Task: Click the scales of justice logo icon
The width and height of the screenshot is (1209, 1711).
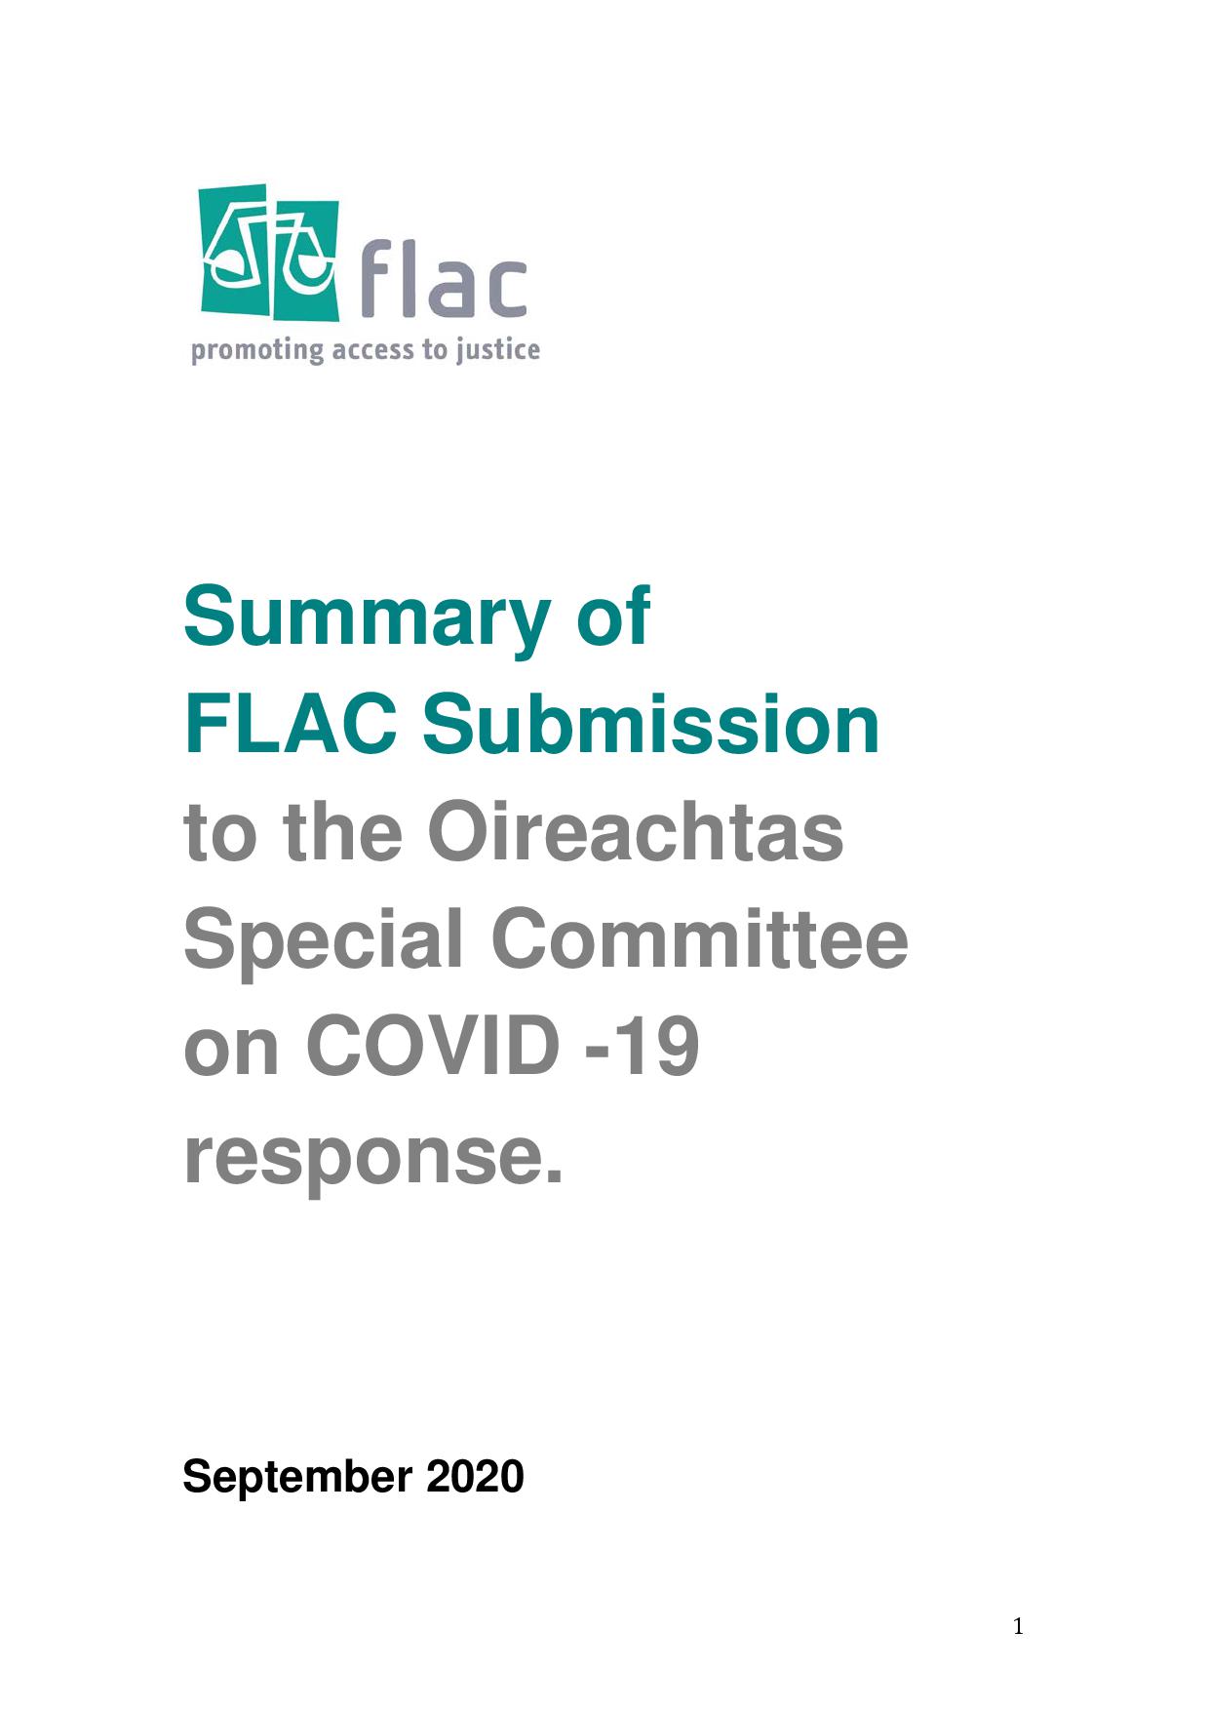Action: [x=269, y=253]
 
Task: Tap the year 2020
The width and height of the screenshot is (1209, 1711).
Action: [x=475, y=1477]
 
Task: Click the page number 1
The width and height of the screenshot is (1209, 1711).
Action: [x=1018, y=1626]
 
